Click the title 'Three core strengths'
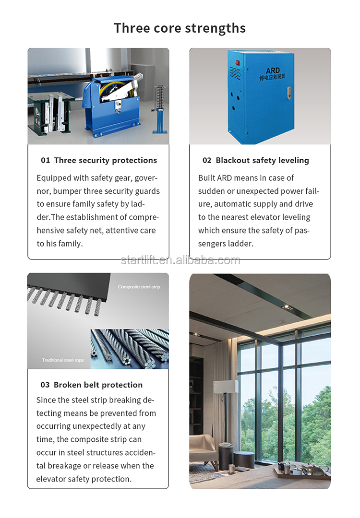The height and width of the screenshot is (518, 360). point(180,28)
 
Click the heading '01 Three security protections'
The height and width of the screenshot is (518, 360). point(98,160)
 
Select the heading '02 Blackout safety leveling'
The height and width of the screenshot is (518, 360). point(255,160)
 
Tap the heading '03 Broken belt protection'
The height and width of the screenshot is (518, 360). point(91,385)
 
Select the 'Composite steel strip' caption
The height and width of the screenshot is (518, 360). point(139,287)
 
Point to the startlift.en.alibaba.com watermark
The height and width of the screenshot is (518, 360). point(180,260)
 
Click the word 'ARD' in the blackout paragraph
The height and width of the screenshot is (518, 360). point(224,178)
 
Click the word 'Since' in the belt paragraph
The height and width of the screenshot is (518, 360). point(46,400)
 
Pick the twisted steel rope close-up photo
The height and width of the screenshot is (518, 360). point(130,349)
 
